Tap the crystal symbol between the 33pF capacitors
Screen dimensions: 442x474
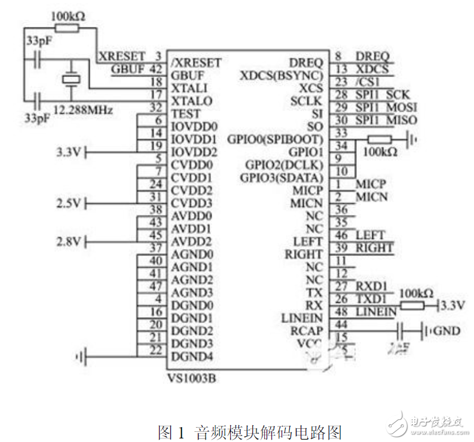71,79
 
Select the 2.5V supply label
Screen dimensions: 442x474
68,204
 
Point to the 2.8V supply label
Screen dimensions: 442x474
68,243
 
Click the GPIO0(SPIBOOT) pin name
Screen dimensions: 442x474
275,140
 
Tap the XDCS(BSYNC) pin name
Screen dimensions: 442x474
281,75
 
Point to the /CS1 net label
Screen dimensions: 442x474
368,82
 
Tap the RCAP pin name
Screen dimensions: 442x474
306,331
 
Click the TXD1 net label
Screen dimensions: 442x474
371,298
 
